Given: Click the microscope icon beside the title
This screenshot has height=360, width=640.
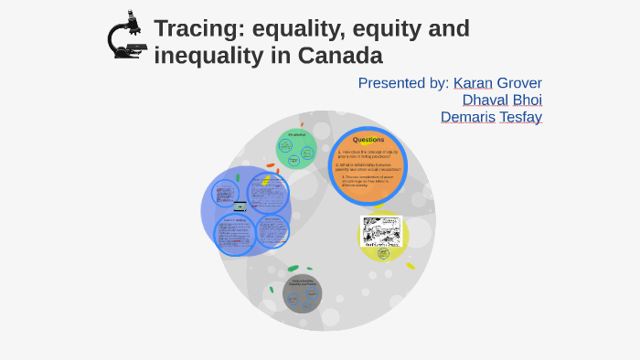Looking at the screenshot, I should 127,36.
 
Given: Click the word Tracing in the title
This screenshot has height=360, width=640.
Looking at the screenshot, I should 192,29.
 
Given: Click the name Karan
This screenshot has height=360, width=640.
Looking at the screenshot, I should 473,83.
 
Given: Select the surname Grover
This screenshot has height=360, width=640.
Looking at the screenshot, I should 519,83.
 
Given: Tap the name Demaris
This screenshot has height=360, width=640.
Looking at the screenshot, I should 469,118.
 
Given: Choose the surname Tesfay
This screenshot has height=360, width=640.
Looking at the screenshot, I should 520,118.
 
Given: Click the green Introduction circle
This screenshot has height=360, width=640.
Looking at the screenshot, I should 296,149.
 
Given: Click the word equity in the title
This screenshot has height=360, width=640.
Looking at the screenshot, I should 385,29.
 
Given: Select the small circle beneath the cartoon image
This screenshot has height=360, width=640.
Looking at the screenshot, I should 383,253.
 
